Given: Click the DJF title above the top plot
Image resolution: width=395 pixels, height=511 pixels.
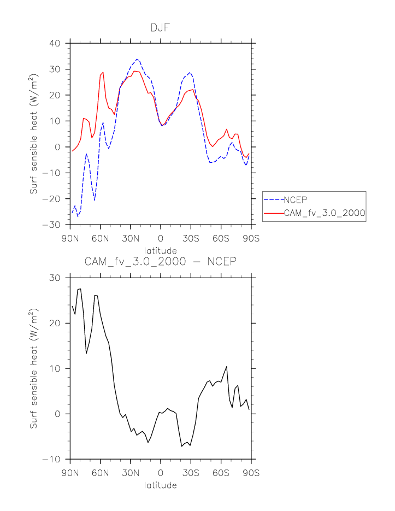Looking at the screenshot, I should click(160, 27).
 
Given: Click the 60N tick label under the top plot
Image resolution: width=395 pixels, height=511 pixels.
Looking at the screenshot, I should click(100, 238).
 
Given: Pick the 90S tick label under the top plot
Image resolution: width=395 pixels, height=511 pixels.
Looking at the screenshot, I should click(251, 238).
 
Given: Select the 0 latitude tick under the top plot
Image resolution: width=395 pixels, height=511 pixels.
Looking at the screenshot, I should click(161, 238).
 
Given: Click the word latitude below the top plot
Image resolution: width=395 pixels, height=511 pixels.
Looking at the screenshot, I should click(160, 251).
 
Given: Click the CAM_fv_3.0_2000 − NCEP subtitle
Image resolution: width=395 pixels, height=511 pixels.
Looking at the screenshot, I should click(160, 261).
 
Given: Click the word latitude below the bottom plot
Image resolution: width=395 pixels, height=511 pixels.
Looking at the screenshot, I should click(160, 485).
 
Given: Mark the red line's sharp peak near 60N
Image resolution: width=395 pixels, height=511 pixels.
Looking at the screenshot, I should click(103, 72).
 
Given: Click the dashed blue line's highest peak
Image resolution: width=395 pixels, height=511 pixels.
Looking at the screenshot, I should click(137, 59).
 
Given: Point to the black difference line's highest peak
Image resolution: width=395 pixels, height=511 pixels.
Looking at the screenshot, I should click(80, 289).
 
